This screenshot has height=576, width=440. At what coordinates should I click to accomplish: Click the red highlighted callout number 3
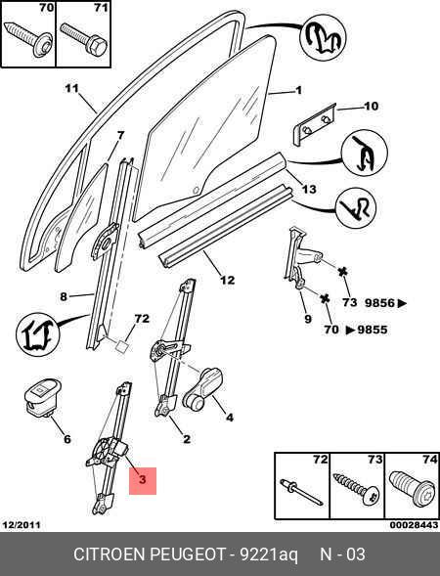(x=143, y=479)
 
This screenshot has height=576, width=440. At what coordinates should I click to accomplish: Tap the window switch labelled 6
(x=41, y=397)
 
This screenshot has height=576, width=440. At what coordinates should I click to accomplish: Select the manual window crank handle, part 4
(x=202, y=388)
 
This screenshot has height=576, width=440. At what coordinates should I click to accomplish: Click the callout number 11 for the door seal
(x=72, y=89)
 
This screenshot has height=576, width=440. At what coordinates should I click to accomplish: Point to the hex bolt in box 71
(x=84, y=40)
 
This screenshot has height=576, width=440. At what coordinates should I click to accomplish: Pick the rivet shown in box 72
(x=301, y=492)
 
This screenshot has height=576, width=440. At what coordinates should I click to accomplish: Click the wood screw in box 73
(x=356, y=491)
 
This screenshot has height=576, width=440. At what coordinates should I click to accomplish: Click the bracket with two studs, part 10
(x=314, y=124)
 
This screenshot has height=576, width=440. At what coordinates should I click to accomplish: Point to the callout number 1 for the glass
(x=298, y=90)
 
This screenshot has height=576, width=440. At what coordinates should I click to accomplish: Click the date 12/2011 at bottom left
(x=22, y=525)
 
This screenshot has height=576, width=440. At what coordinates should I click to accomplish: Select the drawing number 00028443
(x=414, y=525)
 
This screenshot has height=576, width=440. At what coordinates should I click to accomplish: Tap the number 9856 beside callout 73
(x=379, y=303)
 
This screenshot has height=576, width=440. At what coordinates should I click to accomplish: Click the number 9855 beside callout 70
(x=373, y=330)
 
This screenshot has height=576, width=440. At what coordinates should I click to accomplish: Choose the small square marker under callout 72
(x=122, y=346)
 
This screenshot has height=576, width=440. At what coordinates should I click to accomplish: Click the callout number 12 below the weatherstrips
(x=228, y=280)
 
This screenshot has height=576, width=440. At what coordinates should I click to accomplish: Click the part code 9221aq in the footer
(x=269, y=554)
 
